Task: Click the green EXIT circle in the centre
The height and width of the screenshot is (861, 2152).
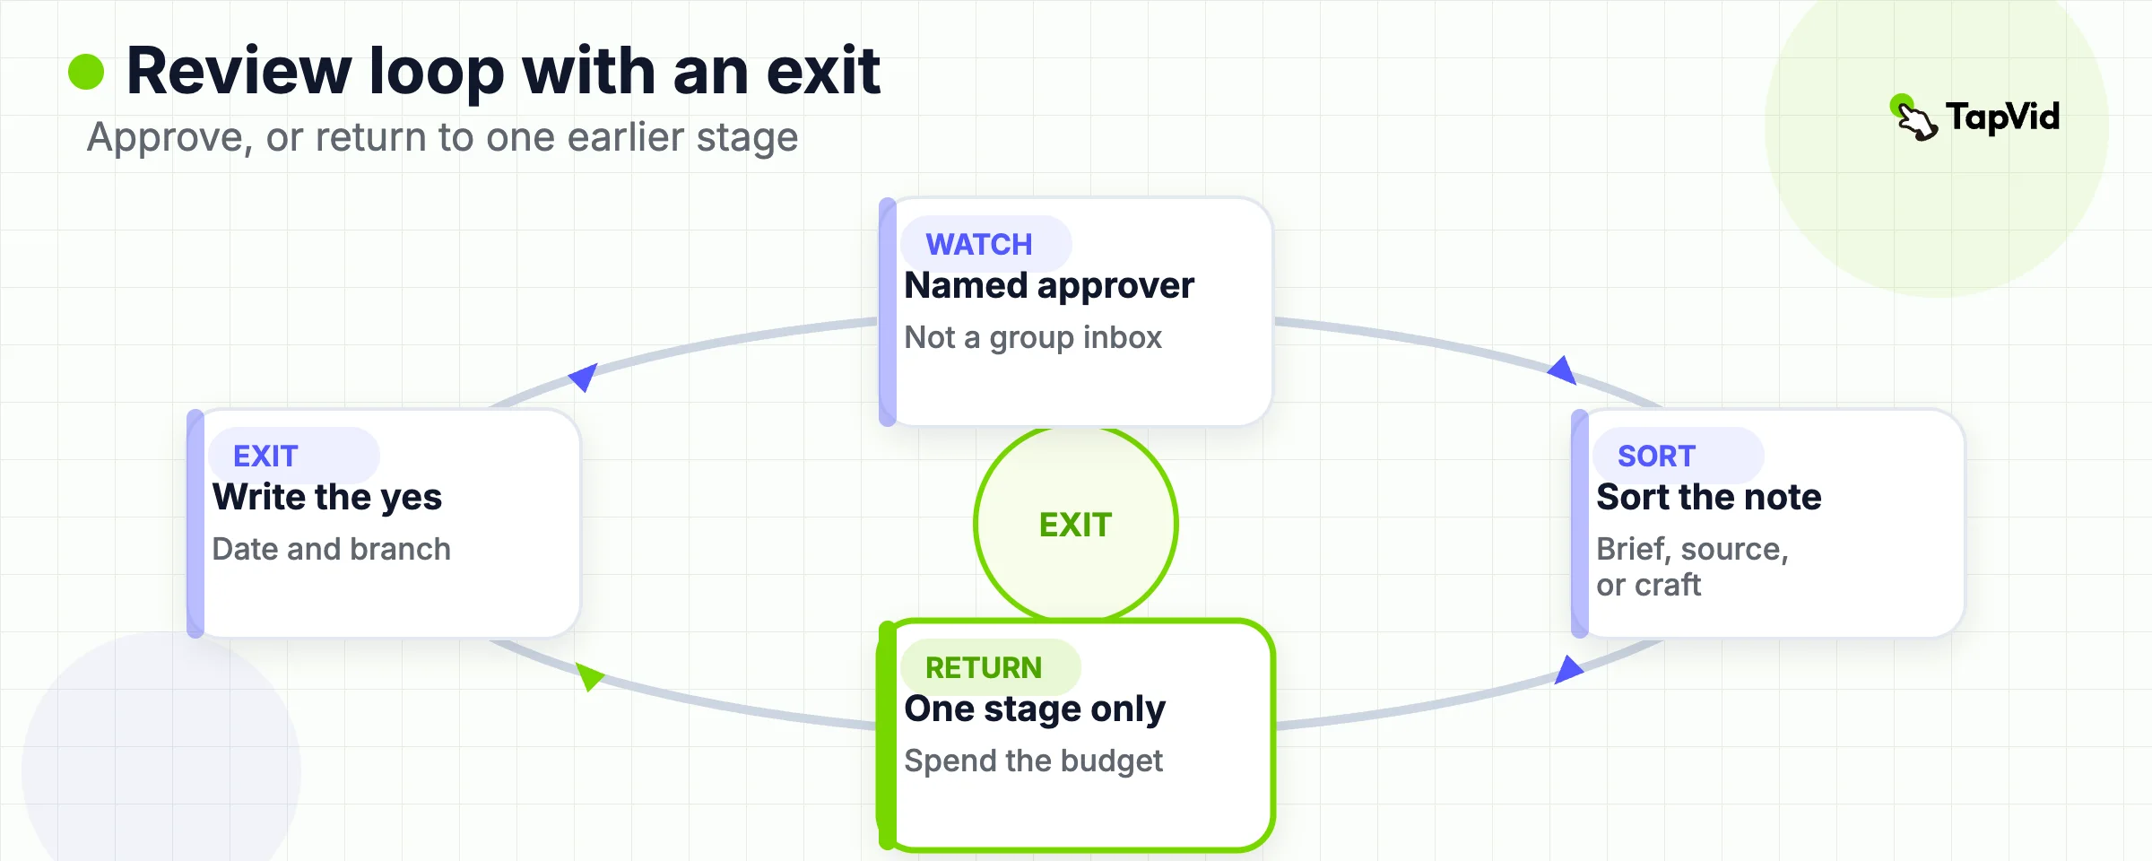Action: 1076,525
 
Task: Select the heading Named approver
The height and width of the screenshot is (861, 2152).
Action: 1049,285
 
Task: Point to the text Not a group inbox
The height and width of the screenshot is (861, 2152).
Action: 1033,337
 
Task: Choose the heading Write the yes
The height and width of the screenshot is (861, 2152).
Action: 327,497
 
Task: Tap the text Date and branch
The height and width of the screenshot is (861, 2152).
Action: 332,549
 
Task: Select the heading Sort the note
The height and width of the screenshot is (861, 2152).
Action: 1709,497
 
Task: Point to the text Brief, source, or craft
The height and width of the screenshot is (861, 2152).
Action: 1693,567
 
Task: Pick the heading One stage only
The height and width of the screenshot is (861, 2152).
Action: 1035,709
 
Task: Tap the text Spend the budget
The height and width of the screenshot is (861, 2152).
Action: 1033,761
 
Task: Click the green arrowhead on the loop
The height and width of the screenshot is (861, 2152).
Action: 588,675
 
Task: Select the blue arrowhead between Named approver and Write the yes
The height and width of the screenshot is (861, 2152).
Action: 585,377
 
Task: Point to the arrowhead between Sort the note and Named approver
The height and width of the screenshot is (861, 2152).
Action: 1563,370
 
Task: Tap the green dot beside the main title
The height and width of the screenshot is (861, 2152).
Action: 86,72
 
